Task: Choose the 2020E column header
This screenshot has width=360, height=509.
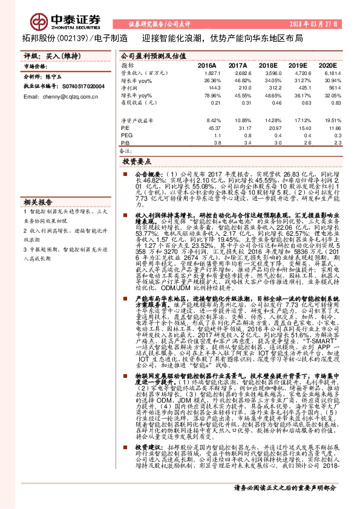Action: pos(327,65)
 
